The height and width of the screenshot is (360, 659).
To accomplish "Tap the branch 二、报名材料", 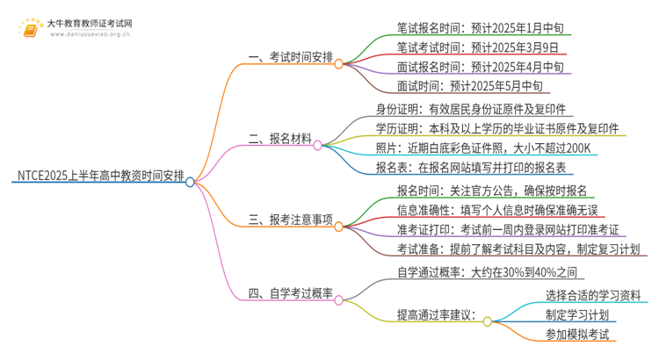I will (x=279, y=138).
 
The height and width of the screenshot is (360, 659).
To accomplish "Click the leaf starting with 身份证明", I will (x=475, y=110).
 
